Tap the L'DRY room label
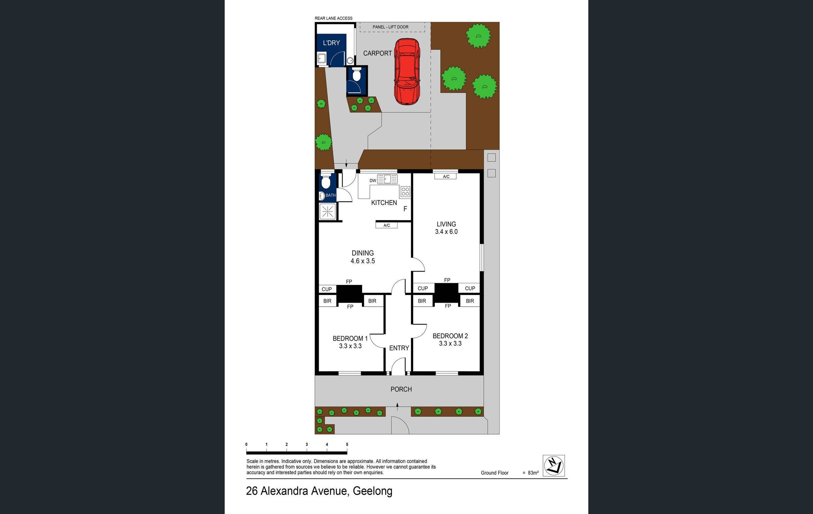[331, 43]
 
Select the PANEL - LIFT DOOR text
[390, 27]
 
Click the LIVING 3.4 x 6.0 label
[446, 228]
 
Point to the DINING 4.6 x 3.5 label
[363, 257]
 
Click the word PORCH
[401, 389]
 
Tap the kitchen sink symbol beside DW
[387, 179]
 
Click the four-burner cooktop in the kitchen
[405, 192]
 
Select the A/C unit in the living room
[446, 177]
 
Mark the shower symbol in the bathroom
[327, 211]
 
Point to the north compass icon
[553, 466]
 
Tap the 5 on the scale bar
[347, 445]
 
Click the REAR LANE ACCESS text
[333, 18]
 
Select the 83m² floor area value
[533, 473]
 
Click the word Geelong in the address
[372, 491]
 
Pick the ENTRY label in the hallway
[399, 348]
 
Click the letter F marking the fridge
[405, 209]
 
